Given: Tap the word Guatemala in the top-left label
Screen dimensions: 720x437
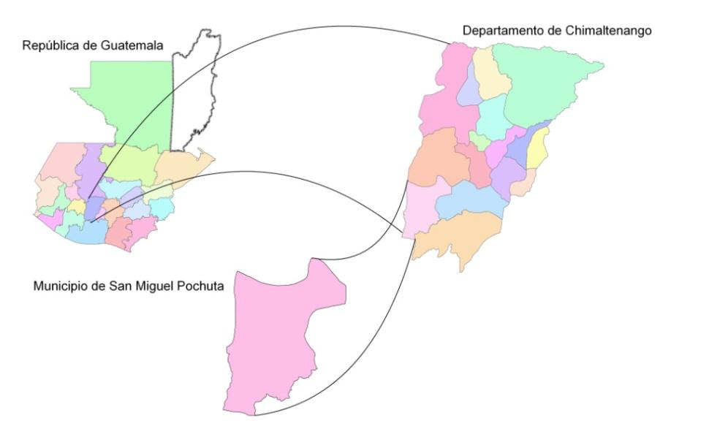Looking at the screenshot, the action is pos(134,45).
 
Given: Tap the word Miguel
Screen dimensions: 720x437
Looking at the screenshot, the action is pos(156,286).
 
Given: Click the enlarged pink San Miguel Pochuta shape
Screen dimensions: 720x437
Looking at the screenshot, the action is pos(270,343).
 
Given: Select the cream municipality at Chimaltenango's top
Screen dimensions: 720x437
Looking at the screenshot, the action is pos(490,73).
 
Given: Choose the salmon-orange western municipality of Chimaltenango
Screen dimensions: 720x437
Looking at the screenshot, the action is pos(437,157).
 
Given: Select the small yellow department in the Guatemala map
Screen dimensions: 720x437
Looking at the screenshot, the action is pos(77,207).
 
